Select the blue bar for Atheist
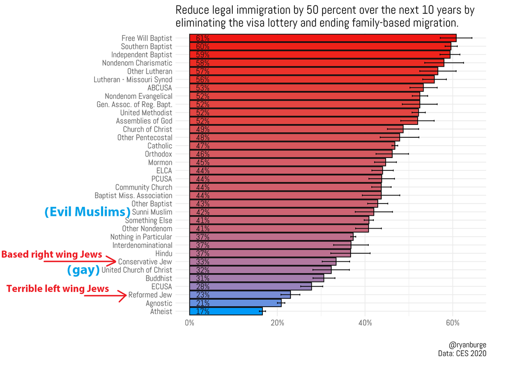pyautogui.click(x=226, y=312)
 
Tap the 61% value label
pyautogui.click(x=203, y=38)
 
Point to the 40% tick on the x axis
pyautogui.click(x=365, y=323)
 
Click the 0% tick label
pyautogui.click(x=189, y=323)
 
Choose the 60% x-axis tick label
pyautogui.click(x=453, y=323)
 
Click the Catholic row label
pyautogui.click(x=160, y=146)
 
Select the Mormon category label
pyautogui.click(x=160, y=162)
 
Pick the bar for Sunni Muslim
pyautogui.click(x=282, y=212)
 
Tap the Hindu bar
pyautogui.click(x=270, y=253)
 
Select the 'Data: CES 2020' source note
pyautogui.click(x=462, y=353)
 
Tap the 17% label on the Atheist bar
pyautogui.click(x=203, y=312)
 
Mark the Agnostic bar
pyautogui.click(x=235, y=303)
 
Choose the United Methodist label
pyautogui.click(x=146, y=113)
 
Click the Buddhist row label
pyautogui.click(x=159, y=278)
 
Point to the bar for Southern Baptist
pyautogui.click(x=320, y=46)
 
